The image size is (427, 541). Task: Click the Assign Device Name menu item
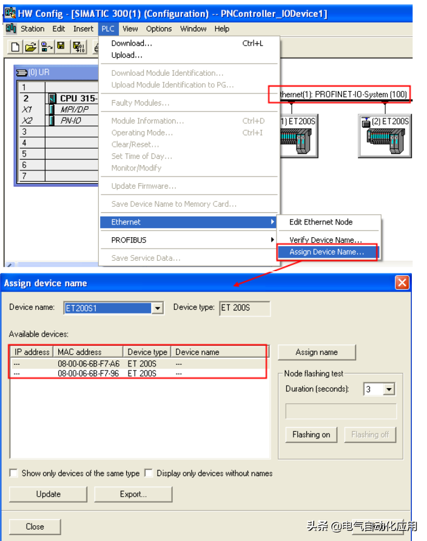pyautogui.click(x=326, y=252)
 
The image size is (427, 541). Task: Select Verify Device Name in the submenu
pyautogui.click(x=325, y=240)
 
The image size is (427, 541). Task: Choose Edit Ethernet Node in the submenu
pyautogui.click(x=320, y=222)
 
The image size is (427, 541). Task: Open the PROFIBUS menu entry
pyautogui.click(x=129, y=240)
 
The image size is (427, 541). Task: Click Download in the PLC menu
pyautogui.click(x=132, y=43)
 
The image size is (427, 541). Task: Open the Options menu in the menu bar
pyautogui.click(x=159, y=29)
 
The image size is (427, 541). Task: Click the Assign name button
pyautogui.click(x=317, y=352)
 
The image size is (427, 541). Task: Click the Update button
pyautogui.click(x=48, y=494)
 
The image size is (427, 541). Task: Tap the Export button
pyautogui.click(x=133, y=494)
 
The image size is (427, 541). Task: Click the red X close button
pyautogui.click(x=402, y=283)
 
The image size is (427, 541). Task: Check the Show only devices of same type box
pyautogui.click(x=14, y=473)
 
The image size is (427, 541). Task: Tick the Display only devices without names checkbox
pyautogui.click(x=149, y=473)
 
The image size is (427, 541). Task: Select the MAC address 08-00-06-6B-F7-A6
pyautogui.click(x=89, y=364)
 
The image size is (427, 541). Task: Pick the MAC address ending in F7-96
pyautogui.click(x=89, y=374)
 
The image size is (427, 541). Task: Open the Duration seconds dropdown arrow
pyautogui.click(x=389, y=389)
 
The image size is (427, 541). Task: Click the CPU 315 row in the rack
pyautogui.click(x=76, y=98)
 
